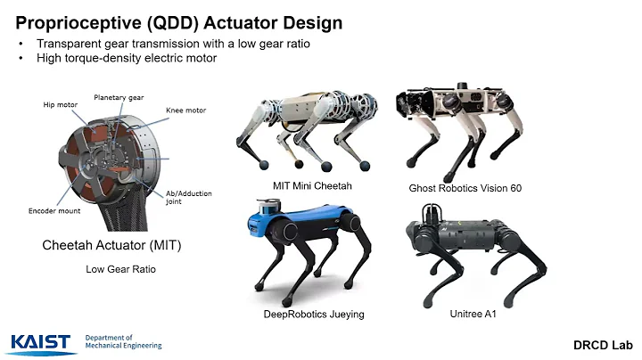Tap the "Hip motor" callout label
click(60, 104)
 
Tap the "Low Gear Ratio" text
click(120, 268)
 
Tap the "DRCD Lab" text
click(599, 344)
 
